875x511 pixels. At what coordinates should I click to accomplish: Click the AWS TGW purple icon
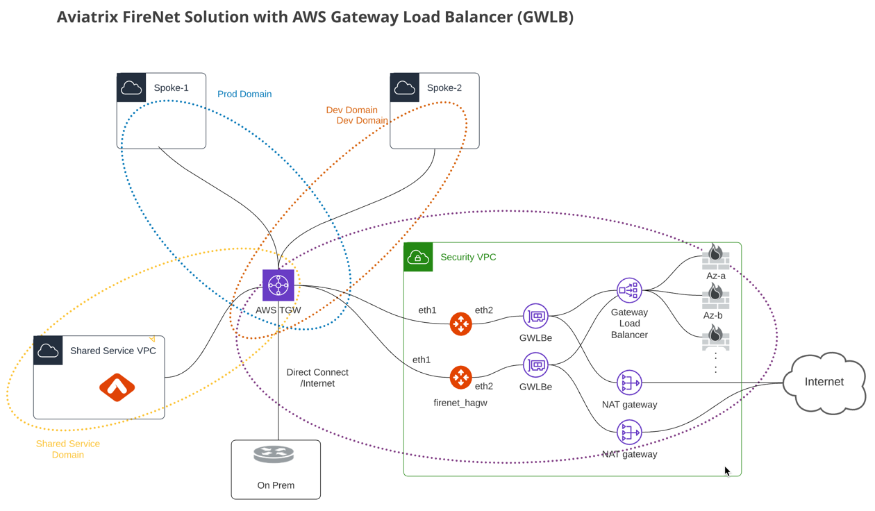(x=278, y=285)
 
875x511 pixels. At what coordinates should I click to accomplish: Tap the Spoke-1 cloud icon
(x=131, y=88)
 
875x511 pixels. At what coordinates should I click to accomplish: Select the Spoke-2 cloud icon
(x=405, y=88)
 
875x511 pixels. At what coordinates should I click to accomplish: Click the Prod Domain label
(x=244, y=94)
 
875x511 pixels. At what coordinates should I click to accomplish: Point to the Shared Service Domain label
(x=68, y=449)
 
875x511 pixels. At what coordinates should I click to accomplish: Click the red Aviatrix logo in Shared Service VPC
(x=117, y=387)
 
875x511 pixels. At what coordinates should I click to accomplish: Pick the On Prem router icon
(x=274, y=455)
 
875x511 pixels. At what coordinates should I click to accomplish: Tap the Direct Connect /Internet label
(x=317, y=378)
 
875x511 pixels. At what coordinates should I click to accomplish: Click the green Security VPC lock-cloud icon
(x=418, y=258)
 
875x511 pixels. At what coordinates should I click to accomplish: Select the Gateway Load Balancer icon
(x=629, y=290)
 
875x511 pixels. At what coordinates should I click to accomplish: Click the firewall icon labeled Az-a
(x=715, y=257)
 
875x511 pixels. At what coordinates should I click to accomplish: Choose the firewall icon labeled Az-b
(x=715, y=296)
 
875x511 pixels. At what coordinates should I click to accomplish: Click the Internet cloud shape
(x=824, y=382)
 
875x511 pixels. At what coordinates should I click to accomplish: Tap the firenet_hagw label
(x=460, y=403)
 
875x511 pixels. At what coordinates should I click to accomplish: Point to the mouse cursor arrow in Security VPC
(x=727, y=471)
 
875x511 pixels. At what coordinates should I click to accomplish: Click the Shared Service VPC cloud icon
(x=49, y=351)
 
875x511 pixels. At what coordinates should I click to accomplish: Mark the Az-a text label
(x=716, y=276)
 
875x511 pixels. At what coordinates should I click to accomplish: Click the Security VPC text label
(x=468, y=258)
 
